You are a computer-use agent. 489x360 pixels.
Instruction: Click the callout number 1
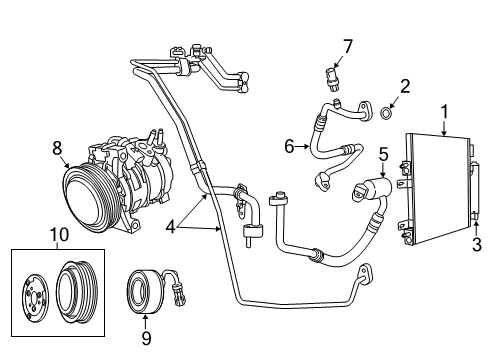tap(445, 114)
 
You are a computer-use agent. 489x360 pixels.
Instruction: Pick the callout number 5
tap(382, 155)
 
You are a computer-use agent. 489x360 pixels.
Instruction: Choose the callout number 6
tap(289, 147)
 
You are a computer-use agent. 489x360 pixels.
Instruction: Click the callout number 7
tap(348, 45)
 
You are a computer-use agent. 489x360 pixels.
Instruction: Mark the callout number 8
tap(57, 147)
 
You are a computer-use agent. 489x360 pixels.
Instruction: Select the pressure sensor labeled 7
tap(336, 78)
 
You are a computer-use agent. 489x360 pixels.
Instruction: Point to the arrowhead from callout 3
tap(474, 228)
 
